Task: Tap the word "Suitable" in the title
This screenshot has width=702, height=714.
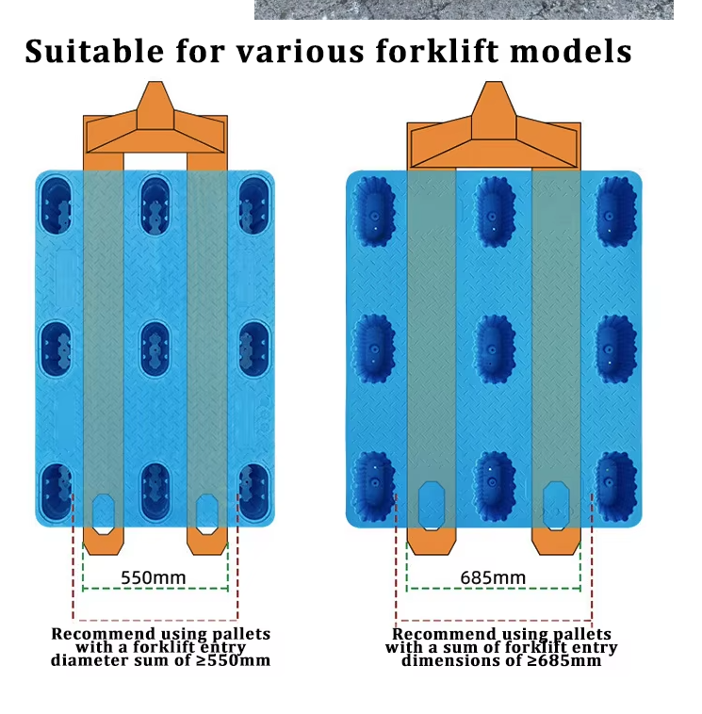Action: tap(94, 50)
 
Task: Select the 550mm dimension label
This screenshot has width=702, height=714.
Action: tap(154, 577)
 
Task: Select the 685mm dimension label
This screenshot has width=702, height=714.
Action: tap(493, 577)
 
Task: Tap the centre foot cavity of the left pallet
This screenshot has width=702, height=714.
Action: tap(155, 349)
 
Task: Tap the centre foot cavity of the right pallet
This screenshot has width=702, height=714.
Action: tap(494, 349)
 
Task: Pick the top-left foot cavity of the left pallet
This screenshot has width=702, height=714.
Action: tap(56, 206)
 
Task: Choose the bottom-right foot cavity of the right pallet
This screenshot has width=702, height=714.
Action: tap(616, 486)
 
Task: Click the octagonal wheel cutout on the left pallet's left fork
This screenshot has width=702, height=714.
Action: tap(104, 514)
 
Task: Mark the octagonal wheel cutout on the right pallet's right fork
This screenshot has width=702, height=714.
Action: tap(556, 506)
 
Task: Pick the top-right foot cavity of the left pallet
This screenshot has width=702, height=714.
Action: tap(253, 206)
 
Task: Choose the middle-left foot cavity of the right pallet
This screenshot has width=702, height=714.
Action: tap(373, 349)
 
